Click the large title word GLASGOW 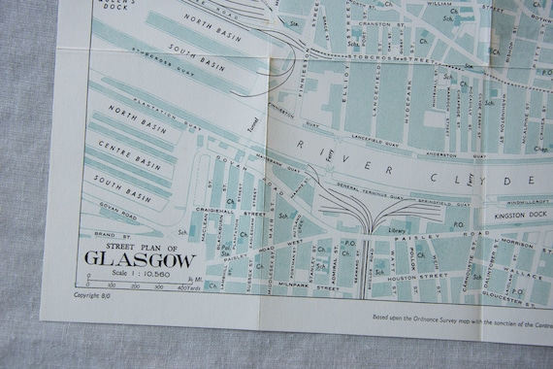(140, 259)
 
